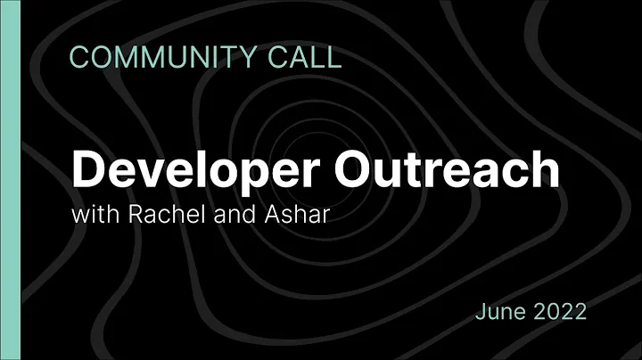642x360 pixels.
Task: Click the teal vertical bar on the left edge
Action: (8, 180)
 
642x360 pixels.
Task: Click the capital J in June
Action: (481, 311)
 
